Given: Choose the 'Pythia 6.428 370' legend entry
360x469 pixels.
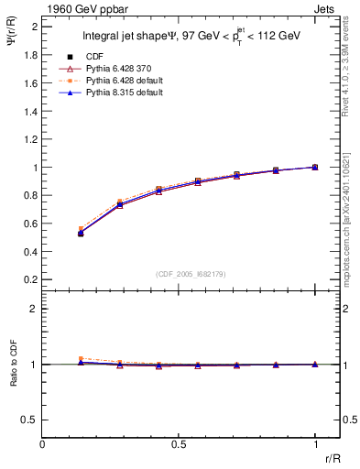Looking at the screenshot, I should click(x=121, y=69).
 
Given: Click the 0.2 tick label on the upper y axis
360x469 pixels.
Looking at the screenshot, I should click(x=30, y=279).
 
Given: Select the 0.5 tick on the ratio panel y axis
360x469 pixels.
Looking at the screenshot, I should click(x=30, y=420).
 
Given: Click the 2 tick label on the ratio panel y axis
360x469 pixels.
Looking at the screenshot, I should click(x=34, y=309).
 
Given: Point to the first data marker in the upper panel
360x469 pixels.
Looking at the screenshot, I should click(x=81, y=234).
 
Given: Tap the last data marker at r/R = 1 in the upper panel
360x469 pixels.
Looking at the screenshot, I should click(x=315, y=168).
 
